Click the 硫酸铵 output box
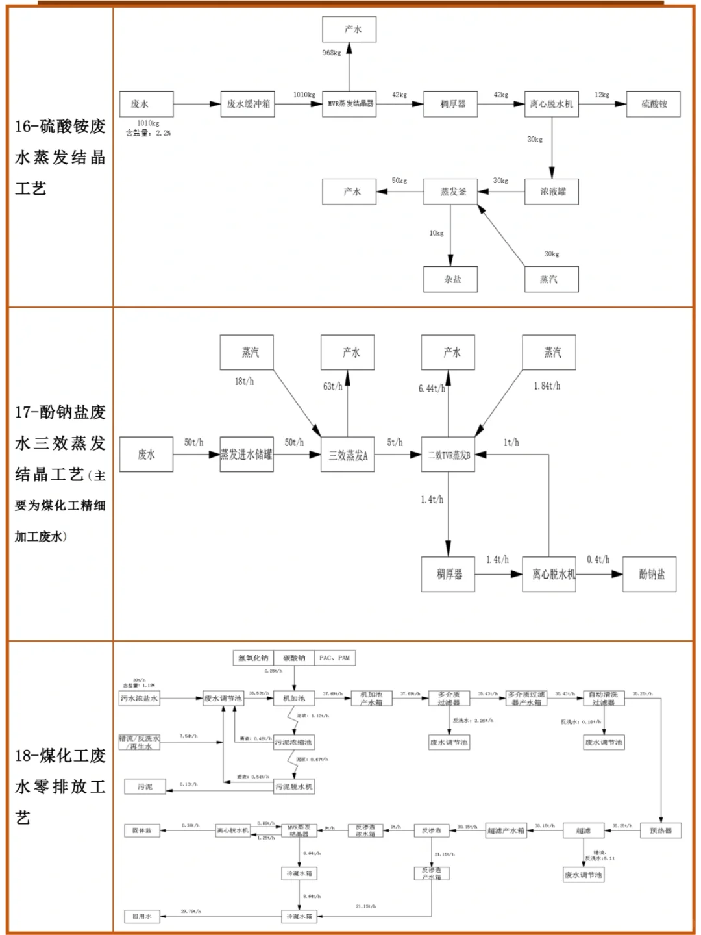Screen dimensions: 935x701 [653, 104]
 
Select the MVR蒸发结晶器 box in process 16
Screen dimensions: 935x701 [349, 104]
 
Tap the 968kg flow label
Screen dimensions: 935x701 [332, 53]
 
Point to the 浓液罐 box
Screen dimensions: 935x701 [552, 192]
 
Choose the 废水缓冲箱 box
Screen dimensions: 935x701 [247, 104]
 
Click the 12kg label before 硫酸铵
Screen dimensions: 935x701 [602, 95]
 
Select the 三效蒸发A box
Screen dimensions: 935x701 [347, 455]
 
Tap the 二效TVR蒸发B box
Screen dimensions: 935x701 [449, 455]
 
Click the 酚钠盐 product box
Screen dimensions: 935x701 [649, 574]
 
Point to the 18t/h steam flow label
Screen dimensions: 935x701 [244, 382]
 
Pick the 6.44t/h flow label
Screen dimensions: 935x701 [432, 388]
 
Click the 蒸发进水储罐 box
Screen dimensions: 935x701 [247, 455]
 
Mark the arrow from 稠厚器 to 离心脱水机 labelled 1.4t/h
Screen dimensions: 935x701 [498, 574]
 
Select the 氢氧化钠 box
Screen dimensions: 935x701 [253, 658]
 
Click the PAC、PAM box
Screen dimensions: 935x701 [335, 658]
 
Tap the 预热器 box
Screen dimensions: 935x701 [661, 830]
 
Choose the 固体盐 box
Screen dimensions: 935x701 [142, 830]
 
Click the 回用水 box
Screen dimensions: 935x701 [142, 916]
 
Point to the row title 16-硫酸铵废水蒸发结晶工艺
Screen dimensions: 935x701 [60, 157]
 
